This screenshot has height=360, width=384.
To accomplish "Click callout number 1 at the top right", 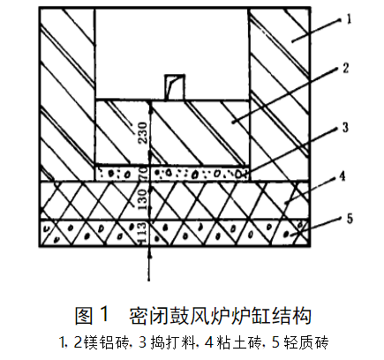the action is (349, 19).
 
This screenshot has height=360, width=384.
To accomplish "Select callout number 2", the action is (345, 68).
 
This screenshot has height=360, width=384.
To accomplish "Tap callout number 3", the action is (345, 127).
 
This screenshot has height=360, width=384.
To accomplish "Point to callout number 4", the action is (342, 176).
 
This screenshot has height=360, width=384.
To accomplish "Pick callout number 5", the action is (350, 219).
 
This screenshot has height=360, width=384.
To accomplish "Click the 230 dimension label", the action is (143, 132).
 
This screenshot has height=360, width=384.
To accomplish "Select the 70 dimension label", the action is (143, 173).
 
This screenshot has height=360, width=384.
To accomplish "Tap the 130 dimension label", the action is (141, 199).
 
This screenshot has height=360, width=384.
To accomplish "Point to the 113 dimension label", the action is (141, 232).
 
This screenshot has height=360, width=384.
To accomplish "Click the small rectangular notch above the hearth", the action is (175, 87).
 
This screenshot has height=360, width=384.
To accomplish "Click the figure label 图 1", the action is (92, 315).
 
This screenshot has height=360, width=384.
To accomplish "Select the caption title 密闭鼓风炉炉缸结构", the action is (220, 316).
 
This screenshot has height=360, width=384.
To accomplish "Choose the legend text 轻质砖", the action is (306, 342).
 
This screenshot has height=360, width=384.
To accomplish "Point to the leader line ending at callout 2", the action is (286, 94).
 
